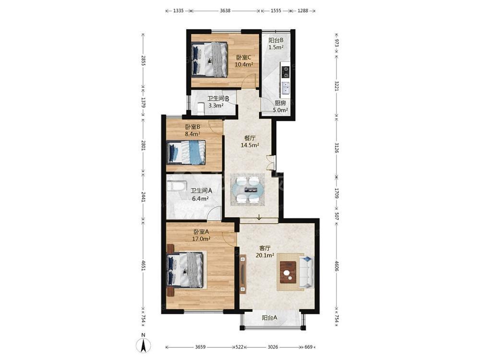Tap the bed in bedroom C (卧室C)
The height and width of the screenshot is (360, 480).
(209, 60)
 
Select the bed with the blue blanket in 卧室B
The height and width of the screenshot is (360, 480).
(186, 152)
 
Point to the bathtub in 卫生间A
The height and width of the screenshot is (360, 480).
(177, 186)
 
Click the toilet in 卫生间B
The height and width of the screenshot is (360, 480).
(201, 109)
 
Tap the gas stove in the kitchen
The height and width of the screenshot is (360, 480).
(286, 72)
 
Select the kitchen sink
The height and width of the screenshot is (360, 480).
(285, 88)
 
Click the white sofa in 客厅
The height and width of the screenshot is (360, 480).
(306, 272)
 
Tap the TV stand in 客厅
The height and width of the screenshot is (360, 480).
(243, 274)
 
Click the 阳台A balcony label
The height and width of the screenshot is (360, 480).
(270, 318)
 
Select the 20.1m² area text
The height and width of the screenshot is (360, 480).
(265, 255)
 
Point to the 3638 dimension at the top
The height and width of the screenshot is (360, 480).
(225, 11)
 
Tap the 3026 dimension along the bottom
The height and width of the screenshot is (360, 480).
(273, 347)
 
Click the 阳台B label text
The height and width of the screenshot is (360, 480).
(276, 40)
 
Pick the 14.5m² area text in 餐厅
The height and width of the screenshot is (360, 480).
(250, 145)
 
